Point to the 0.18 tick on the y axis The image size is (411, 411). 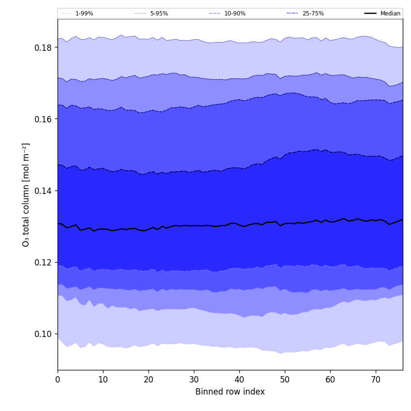tap(44, 47)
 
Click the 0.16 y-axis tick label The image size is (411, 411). tap(44, 119)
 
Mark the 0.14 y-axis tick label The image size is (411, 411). tap(44, 191)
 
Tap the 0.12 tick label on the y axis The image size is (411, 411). tap(44, 262)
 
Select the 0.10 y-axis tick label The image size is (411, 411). tap(44, 334)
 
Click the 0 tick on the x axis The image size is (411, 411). tap(58, 380)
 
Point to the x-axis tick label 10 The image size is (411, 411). tap(103, 380)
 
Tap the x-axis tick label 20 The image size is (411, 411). tap(148, 380)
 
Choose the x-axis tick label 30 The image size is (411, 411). tap(194, 380)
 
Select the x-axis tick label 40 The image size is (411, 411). tap(239, 380)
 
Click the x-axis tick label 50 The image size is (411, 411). tap(285, 380)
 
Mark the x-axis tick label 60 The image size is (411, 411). tap(330, 380)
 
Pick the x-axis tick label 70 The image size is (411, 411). tap(376, 380)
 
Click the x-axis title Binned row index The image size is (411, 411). tap(230, 392)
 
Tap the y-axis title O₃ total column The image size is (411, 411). tap(26, 194)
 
